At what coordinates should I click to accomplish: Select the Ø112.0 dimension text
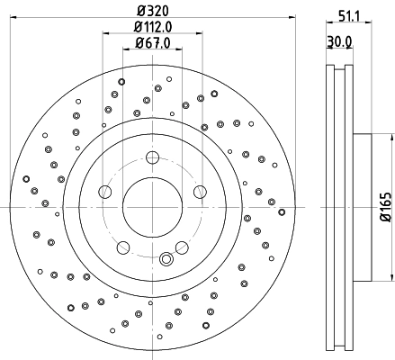[151, 27]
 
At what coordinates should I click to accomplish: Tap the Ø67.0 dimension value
[150, 42]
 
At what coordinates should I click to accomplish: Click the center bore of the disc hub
[151, 206]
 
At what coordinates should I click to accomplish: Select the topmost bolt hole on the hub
[151, 159]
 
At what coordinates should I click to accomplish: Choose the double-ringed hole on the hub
[166, 260]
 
